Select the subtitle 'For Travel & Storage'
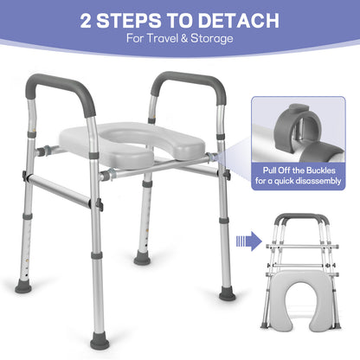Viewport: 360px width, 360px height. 179,40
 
